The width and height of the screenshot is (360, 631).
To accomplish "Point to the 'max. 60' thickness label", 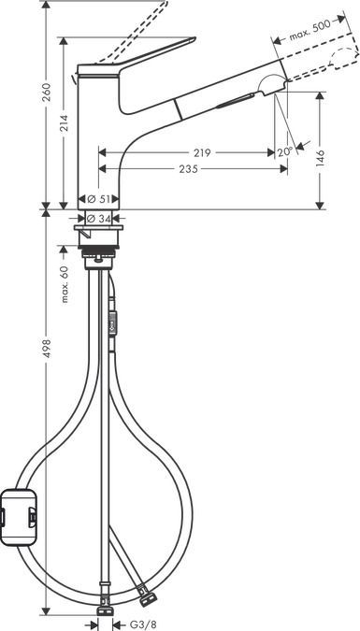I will tap(65, 284).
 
